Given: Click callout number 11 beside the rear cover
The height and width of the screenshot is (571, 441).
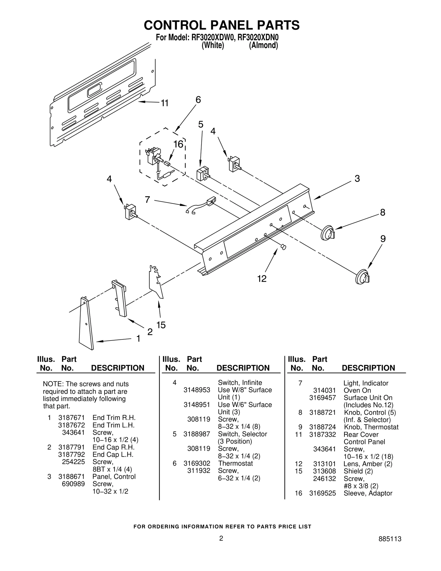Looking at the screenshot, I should pyautogui.click(x=165, y=103).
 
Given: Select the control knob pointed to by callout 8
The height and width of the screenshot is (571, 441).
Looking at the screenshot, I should pyautogui.click(x=327, y=233).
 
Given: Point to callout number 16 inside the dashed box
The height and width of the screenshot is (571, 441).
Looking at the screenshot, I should pyautogui.click(x=178, y=144).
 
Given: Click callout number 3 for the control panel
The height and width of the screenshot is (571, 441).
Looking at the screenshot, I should pyautogui.click(x=357, y=179).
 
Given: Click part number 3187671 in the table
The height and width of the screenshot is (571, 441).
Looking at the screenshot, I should pyautogui.click(x=71, y=418).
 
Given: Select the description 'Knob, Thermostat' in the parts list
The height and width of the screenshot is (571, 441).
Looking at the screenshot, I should pyautogui.click(x=371, y=427).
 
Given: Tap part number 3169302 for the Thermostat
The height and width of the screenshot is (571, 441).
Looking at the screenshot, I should pyautogui.click(x=197, y=463).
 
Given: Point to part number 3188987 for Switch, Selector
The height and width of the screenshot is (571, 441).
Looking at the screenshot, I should pyautogui.click(x=197, y=434).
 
